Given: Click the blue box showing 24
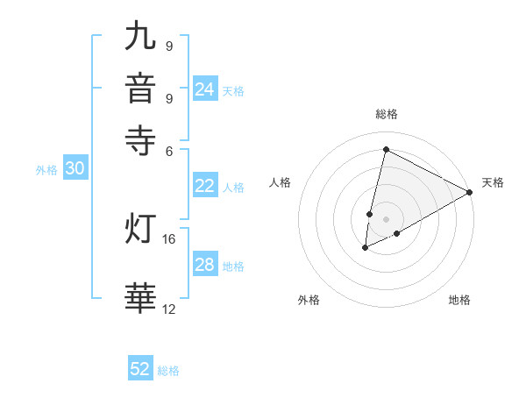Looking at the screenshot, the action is tap(204, 89).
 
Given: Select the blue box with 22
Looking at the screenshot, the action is tap(204, 186).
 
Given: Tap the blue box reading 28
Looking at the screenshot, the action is tap(204, 265).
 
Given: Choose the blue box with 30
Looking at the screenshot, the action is tap(75, 169).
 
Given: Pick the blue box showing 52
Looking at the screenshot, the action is tap(140, 369).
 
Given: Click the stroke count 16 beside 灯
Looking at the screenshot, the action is tap(169, 238).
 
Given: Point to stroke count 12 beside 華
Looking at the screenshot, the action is tap(169, 309).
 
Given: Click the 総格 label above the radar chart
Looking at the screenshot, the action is tap(386, 114).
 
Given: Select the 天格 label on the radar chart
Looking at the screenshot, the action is tap(493, 182).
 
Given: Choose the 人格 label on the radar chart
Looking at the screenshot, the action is tap(280, 182).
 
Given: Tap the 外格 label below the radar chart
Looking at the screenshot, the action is tap(309, 300).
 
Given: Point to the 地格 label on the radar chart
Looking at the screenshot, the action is tap(459, 300).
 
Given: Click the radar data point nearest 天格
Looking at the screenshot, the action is tap(470, 192).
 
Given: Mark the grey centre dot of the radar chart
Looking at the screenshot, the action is tap(386, 219).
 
